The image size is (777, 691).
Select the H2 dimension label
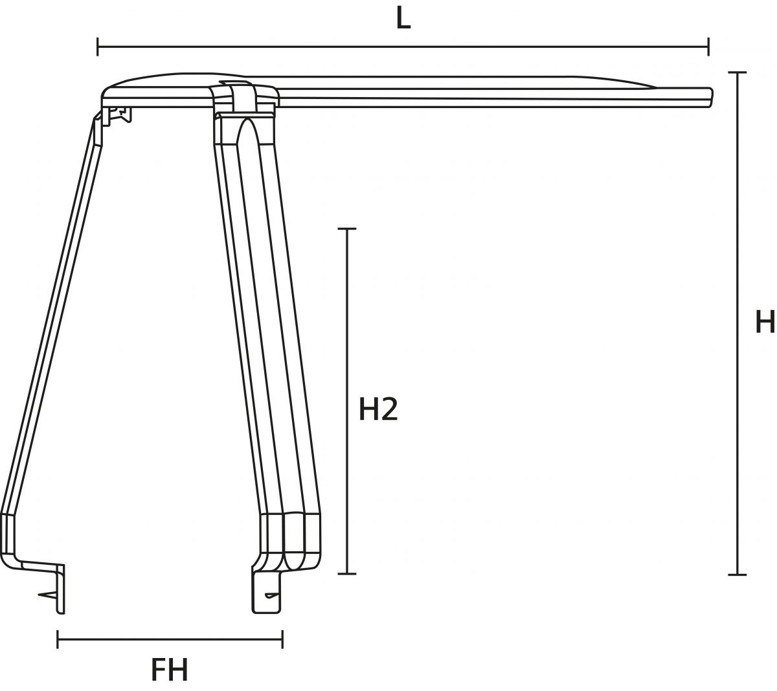[x=379, y=410]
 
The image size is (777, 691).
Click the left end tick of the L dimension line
[x=98, y=47]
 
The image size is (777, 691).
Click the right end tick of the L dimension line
[x=708, y=47]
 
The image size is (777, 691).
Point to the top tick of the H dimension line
[x=737, y=72]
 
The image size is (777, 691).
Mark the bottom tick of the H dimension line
[x=737, y=586]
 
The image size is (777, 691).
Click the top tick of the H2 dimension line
[x=348, y=229]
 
